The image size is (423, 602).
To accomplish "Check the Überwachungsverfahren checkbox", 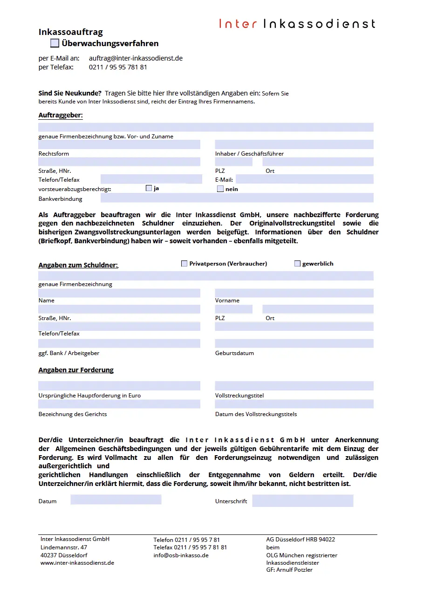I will pos(55,43).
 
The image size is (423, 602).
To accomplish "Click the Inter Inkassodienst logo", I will pos(297,23).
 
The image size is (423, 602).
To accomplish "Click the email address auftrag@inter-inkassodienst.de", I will pos(136,58).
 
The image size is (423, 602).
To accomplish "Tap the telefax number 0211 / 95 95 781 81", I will pos(118,67).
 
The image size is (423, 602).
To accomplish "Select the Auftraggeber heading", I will pos(61,115).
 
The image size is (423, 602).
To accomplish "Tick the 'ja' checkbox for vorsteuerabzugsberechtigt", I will pos(149,188).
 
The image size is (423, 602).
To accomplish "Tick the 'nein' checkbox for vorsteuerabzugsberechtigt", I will pos(220,189).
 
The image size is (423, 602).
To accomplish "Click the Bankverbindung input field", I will pos(237,198).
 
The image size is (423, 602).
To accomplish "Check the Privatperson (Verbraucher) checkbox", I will pos(184,264).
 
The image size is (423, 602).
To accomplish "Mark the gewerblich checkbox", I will pos(297,264).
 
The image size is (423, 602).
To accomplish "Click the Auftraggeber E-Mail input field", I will pos(304,179).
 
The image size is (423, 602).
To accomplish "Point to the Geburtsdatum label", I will pos(234,353).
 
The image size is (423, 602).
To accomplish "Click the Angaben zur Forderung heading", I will pos(76,370).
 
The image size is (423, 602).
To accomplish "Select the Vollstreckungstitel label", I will pos(239,396).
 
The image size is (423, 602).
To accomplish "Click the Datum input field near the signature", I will pos(116,500).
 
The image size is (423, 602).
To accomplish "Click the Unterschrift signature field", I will pos(302,501).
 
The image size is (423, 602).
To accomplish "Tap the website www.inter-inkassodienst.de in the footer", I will pos(77,563).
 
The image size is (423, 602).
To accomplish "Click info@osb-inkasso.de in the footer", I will pos(181,555).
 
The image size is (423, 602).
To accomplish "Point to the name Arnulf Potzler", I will pos(294,570).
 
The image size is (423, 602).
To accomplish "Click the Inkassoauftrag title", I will pos(71,32).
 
